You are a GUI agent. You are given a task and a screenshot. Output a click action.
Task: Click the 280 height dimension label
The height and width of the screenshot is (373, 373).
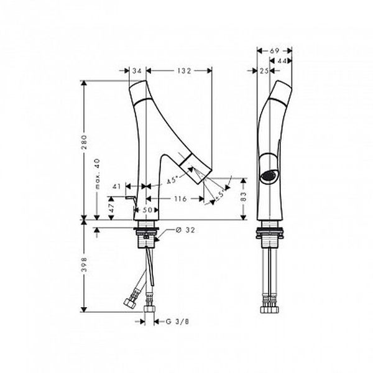click(84, 142)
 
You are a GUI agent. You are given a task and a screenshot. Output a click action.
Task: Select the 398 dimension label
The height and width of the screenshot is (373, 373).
click(84, 264)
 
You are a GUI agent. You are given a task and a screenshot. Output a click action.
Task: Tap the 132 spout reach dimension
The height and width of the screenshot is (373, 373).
click(184, 71)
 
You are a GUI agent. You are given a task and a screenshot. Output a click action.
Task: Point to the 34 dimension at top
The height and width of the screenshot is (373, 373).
click(137, 71)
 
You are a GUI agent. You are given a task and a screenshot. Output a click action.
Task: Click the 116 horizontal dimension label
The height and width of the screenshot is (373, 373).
click(180, 198)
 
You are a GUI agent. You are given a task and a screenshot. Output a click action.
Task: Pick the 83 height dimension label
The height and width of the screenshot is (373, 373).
click(244, 196)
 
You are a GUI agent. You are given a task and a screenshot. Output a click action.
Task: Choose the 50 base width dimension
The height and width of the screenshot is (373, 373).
click(147, 210)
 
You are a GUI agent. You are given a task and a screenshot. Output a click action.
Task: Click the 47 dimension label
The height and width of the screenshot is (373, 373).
click(111, 208)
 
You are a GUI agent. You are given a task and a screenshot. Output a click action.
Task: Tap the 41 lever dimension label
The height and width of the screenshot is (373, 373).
click(117, 186)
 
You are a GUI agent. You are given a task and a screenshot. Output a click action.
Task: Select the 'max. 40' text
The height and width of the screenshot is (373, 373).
click(97, 174)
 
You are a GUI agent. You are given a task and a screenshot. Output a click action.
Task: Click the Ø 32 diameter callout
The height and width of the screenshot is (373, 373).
click(185, 230)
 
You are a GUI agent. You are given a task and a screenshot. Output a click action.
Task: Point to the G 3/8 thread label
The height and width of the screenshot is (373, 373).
click(177, 321)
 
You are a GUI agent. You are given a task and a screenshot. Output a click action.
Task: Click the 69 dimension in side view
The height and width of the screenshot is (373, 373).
click(274, 51)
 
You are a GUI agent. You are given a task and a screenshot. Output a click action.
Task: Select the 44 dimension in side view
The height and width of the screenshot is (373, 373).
click(282, 61)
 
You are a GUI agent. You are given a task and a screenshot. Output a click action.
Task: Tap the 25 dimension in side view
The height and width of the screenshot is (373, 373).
click(264, 71)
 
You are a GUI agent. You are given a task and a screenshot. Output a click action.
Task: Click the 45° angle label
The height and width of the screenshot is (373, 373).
click(172, 180)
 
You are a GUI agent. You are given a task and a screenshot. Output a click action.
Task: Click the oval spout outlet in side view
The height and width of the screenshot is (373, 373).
click(269, 176)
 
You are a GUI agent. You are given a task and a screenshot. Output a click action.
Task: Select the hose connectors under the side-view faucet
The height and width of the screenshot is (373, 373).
click(270, 304)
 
